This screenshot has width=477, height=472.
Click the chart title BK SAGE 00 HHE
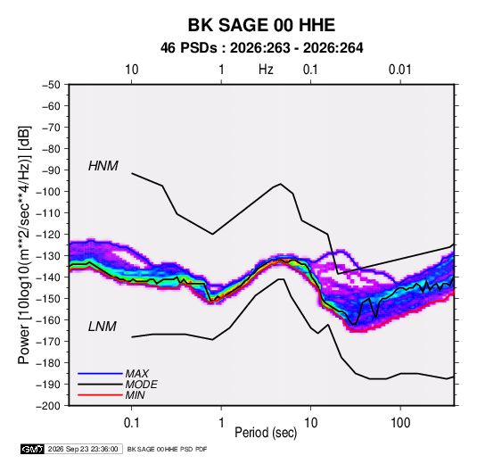pos(261,25)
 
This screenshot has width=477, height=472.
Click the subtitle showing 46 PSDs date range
pos(261,48)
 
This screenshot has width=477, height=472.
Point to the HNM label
pos(103,166)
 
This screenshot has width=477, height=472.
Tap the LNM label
pos(103,327)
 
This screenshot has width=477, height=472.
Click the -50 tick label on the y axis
pos(51,85)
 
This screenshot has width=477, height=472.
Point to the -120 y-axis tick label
pos(48,235)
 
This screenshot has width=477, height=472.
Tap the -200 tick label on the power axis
pos(48,406)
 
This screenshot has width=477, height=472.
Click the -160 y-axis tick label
pos(48,320)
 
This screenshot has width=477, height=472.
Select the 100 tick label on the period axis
pos(400,423)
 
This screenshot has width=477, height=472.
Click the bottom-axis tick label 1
pos(221,423)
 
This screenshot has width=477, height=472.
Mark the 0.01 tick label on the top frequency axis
pos(400,70)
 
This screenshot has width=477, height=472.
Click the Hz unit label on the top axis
pos(266,70)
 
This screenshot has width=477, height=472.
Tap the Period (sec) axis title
pos(266,433)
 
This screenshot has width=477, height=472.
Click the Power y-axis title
pos(24,245)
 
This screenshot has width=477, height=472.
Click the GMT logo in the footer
pos(33,449)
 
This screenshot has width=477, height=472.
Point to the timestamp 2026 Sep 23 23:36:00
pos(83,449)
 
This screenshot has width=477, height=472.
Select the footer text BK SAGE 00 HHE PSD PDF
pos(167,449)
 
